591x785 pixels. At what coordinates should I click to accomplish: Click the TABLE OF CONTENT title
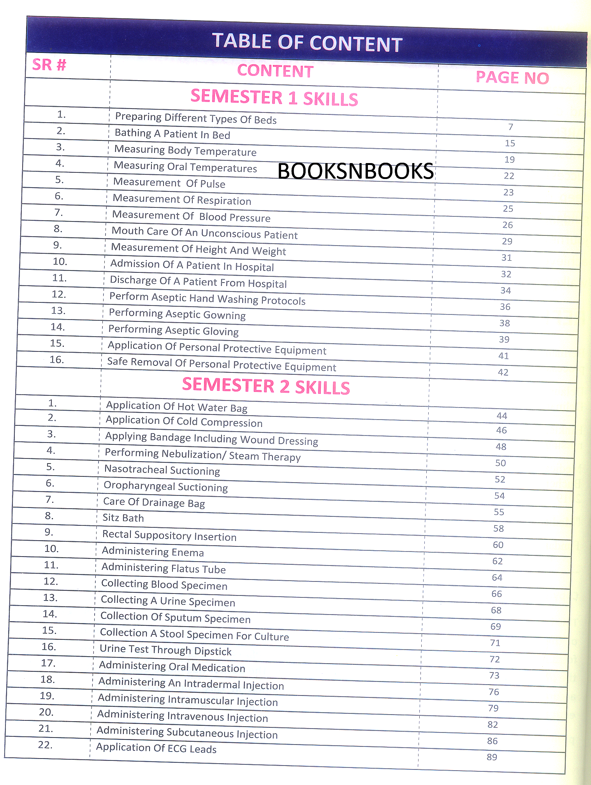(x=307, y=42)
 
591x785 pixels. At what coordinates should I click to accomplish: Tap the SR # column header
(x=49, y=65)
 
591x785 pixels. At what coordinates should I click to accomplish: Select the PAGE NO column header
(x=512, y=78)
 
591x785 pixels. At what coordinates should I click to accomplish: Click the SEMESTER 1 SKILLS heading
(x=274, y=97)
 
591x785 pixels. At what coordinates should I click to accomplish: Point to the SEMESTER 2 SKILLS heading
(x=266, y=386)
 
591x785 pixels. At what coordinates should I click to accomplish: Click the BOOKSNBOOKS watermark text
(x=355, y=171)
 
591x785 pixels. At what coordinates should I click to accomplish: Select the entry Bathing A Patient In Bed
(x=172, y=134)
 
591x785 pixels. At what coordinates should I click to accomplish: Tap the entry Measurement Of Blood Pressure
(x=191, y=216)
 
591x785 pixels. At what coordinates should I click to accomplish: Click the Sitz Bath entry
(x=123, y=518)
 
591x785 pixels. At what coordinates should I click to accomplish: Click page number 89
(x=492, y=757)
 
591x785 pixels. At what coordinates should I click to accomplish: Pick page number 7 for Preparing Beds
(x=510, y=127)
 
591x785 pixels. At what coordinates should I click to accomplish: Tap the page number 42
(x=503, y=372)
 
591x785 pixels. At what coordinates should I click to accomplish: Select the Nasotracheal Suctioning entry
(x=162, y=470)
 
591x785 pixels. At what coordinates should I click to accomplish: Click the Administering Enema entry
(x=153, y=551)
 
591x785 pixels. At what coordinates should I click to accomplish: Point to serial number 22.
(x=45, y=745)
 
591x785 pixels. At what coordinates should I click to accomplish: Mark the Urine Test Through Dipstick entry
(x=165, y=650)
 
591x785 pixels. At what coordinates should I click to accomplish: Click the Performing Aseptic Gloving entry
(x=173, y=330)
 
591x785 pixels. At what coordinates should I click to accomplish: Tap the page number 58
(x=498, y=529)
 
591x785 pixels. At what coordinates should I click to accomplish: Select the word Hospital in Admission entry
(x=255, y=267)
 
